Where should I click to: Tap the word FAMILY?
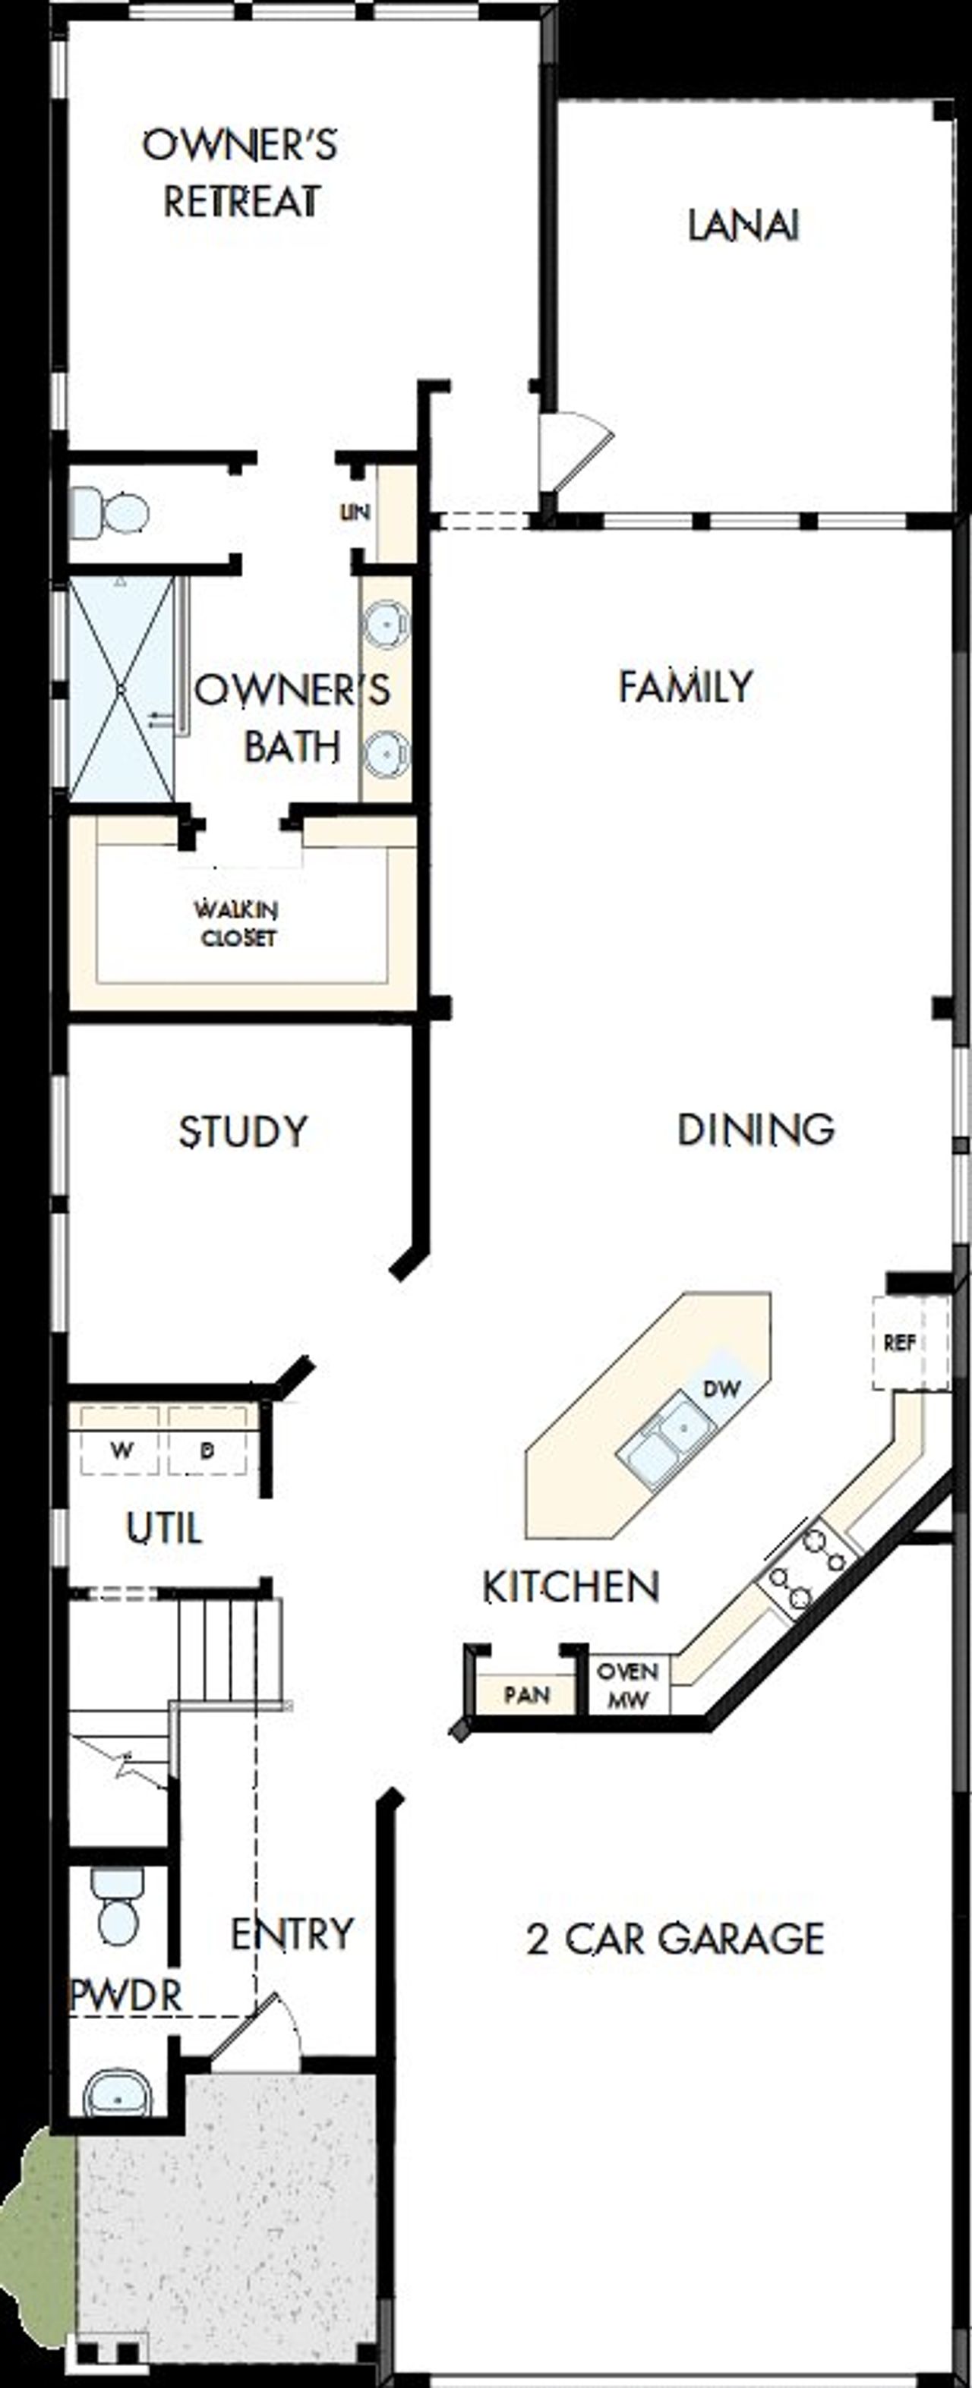686,686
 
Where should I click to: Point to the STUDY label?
243,1132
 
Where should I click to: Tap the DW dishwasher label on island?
721,1388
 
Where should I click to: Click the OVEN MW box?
628,1685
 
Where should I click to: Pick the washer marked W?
121,1451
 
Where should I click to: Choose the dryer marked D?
208,1451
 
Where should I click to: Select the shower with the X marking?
121,688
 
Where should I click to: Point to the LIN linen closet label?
355,512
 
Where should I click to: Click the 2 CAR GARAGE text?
675,1939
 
